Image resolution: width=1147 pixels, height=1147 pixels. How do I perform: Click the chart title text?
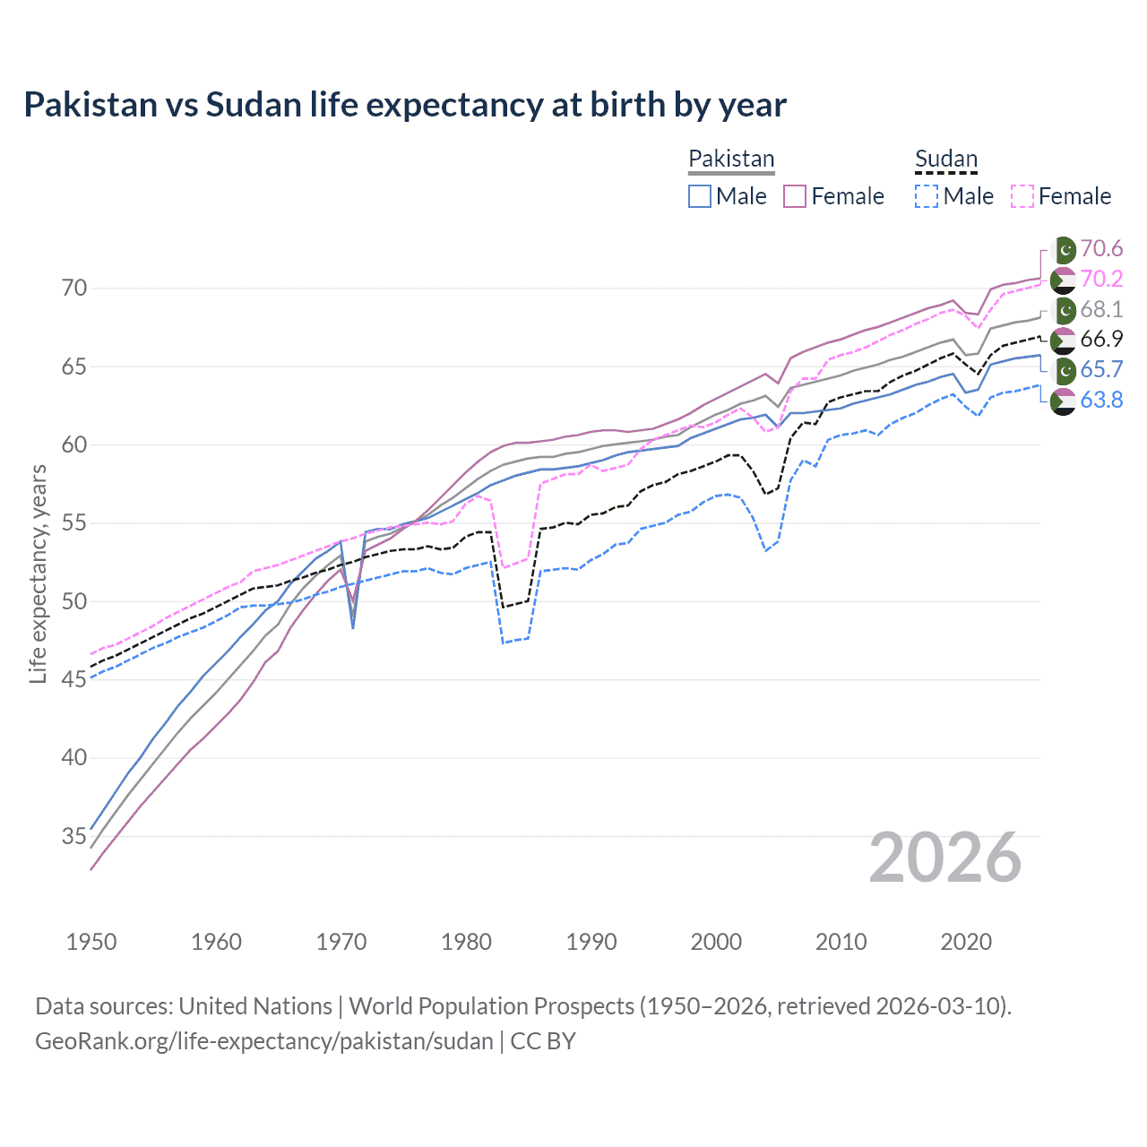pos(405,105)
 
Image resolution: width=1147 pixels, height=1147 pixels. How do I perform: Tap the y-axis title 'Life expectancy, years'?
pos(38,573)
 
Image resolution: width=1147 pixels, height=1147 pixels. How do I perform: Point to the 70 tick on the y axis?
pos(74,289)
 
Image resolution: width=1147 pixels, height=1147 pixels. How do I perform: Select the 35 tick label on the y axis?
pos(74,836)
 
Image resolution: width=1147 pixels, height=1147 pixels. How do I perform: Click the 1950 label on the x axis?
pos(91,942)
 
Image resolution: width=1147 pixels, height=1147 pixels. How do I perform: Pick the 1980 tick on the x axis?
pos(466,942)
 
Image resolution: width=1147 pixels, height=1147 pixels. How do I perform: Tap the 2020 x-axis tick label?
pos(966,942)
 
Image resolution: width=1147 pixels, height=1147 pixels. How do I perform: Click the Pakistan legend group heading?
pos(731,159)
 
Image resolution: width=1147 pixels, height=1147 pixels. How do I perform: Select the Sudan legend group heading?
pos(945,159)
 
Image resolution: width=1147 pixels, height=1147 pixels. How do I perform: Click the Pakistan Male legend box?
pos(700,196)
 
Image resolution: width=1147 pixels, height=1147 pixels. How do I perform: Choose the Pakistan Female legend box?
pos(795,196)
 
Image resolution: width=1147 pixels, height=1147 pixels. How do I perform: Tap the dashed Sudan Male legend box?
pos(927,196)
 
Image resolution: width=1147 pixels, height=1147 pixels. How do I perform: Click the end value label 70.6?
pos(1101,248)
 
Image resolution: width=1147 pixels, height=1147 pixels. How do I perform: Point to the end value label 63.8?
pos(1101,400)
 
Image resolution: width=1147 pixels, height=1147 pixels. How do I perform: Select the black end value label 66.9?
pos(1101,339)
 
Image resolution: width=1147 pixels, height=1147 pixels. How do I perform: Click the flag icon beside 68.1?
pos(1064,310)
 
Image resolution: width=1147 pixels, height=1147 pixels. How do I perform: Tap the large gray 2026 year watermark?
pos(945,858)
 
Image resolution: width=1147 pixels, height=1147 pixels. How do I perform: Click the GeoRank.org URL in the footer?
pos(264,1041)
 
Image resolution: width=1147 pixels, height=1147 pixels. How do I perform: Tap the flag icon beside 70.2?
pos(1064,280)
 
